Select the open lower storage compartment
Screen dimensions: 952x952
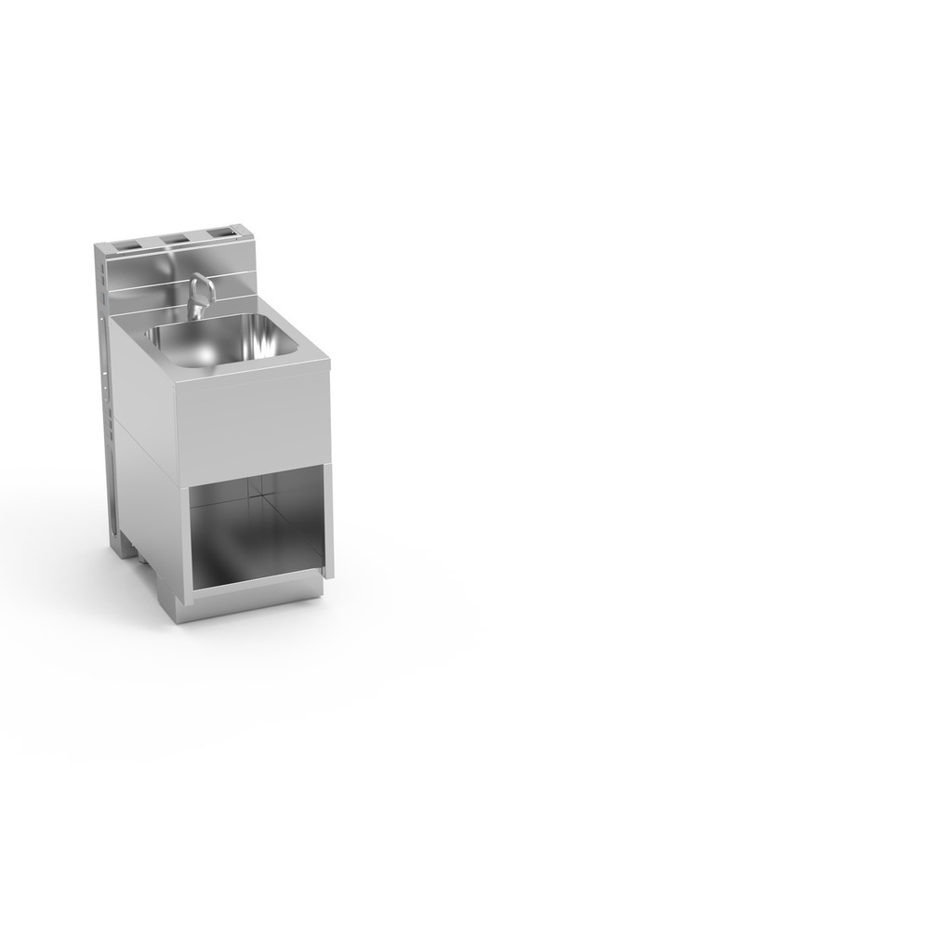click(256, 530)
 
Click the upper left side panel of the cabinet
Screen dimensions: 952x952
click(141, 390)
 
